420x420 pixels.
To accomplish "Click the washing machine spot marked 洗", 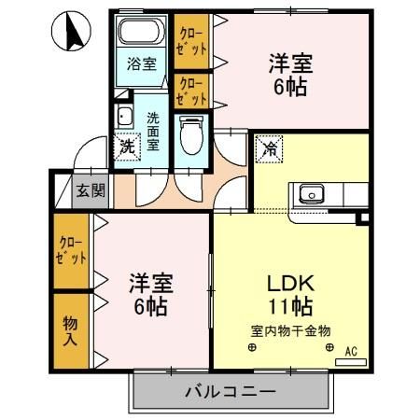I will pyautogui.click(x=127, y=146).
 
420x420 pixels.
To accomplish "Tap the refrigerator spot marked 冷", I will pyautogui.click(x=267, y=147).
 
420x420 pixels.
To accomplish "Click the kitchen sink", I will pyautogui.click(x=310, y=196).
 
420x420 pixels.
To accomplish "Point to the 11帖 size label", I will pyautogui.click(x=289, y=306).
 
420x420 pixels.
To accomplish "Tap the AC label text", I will pyautogui.click(x=351, y=351).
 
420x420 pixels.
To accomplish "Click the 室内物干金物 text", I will pyautogui.click(x=290, y=330).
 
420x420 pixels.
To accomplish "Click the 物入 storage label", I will pyautogui.click(x=70, y=329).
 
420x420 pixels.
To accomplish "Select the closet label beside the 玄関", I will pyautogui.click(x=71, y=249).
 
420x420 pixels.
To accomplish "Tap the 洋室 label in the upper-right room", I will pyautogui.click(x=289, y=64).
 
